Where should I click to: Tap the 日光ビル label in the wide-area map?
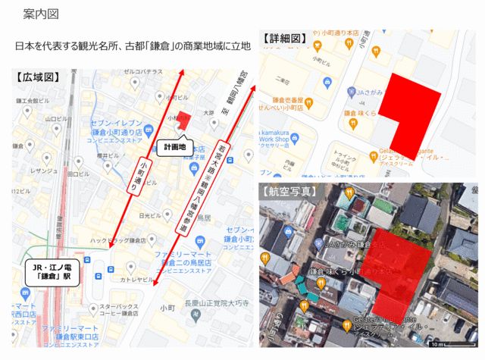[x=152, y=215]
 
